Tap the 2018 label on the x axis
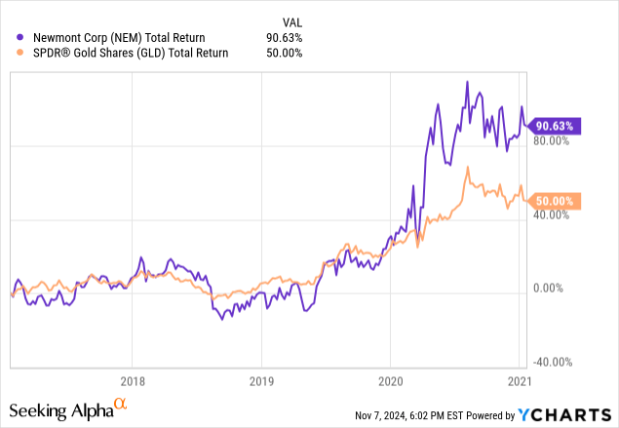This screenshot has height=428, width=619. [133, 380]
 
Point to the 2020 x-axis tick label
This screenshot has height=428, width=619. [390, 380]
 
